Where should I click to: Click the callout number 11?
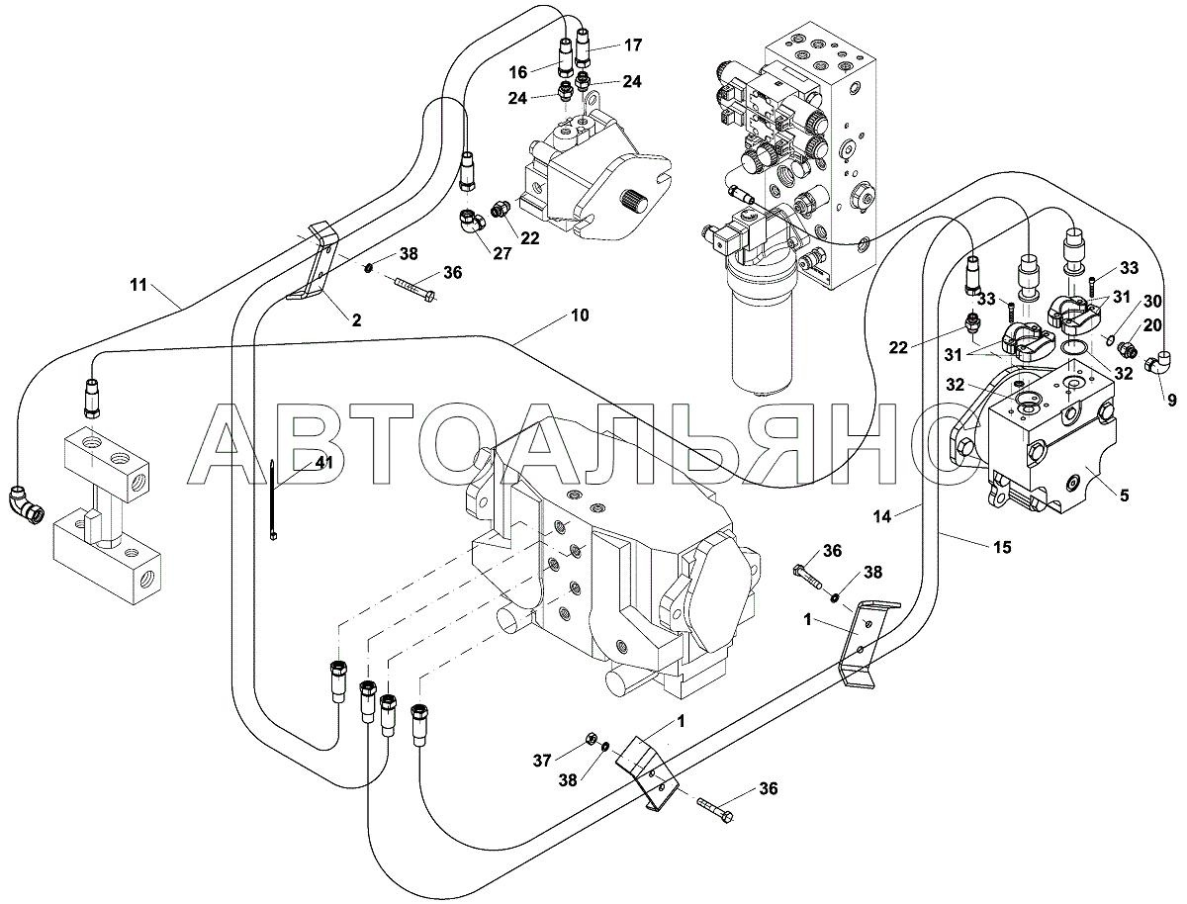click(x=137, y=286)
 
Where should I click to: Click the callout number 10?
click(x=579, y=316)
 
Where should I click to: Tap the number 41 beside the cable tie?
click(x=296, y=462)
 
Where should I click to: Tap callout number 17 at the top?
click(x=633, y=45)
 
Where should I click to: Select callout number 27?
click(x=502, y=253)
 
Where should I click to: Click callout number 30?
click(x=1153, y=301)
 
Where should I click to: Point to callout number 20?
click(x=1153, y=324)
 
